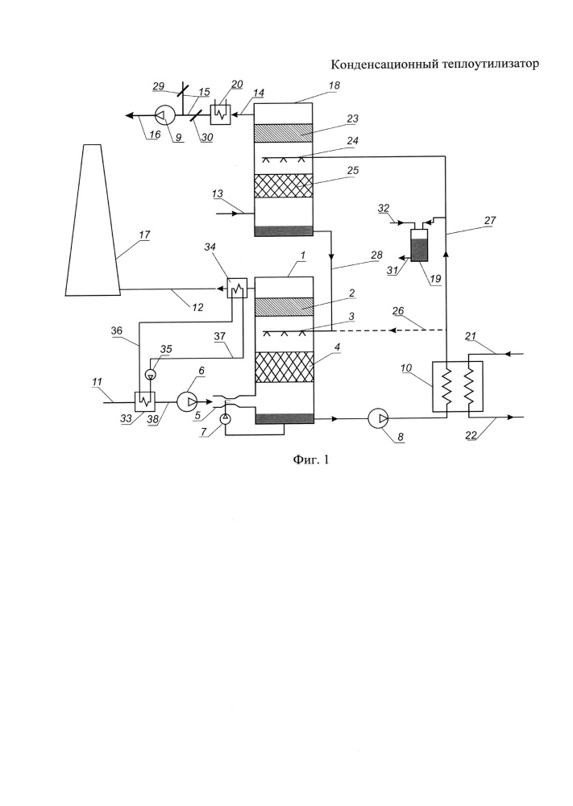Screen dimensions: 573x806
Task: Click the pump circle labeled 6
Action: coord(188,401)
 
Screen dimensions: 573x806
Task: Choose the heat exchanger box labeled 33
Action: coord(144,401)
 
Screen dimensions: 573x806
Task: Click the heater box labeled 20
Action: coord(222,115)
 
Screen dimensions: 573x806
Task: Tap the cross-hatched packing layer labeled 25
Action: coord(284,185)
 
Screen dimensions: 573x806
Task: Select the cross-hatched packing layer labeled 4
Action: coord(284,368)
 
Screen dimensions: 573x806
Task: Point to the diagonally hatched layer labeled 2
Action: coord(284,307)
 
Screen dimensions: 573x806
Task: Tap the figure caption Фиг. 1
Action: coord(311,459)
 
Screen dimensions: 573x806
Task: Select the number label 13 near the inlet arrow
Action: coord(218,193)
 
